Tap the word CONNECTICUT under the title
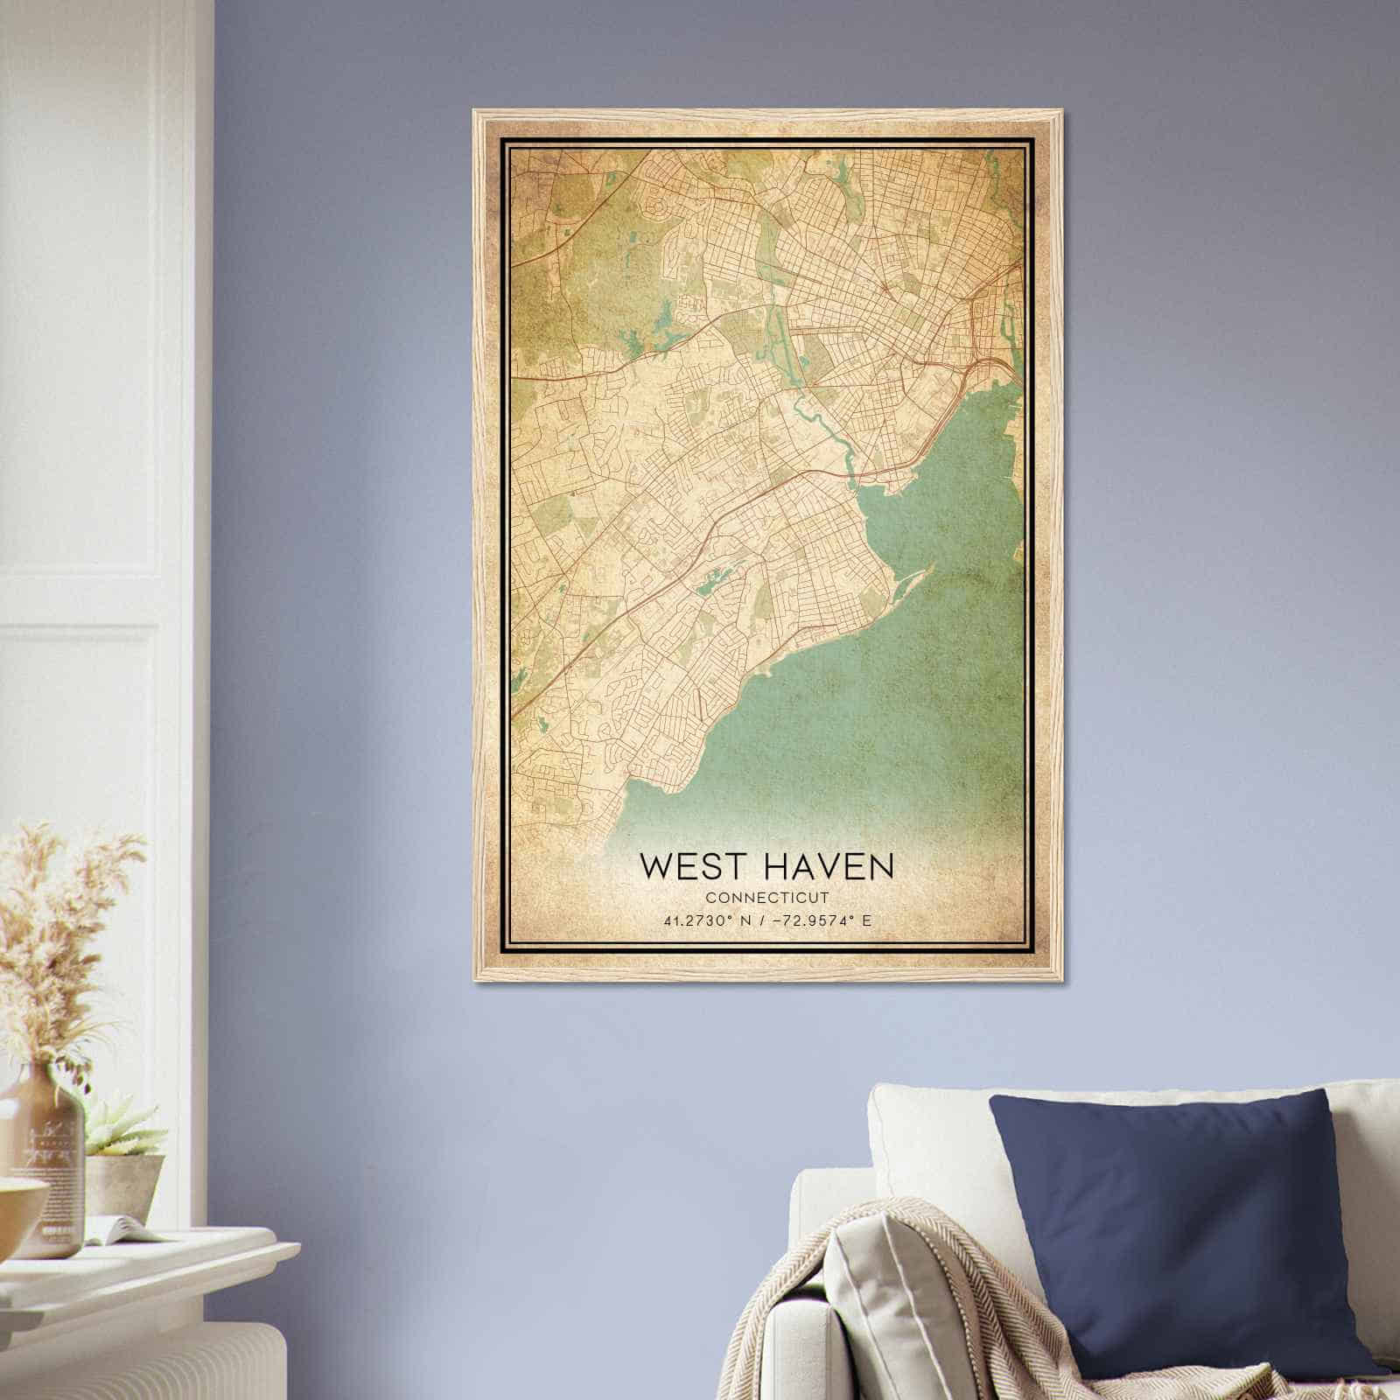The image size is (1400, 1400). [766, 898]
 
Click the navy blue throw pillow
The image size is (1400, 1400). [1181, 1225]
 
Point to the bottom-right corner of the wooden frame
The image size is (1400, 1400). [1057, 978]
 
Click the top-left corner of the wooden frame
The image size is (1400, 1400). [475, 112]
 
